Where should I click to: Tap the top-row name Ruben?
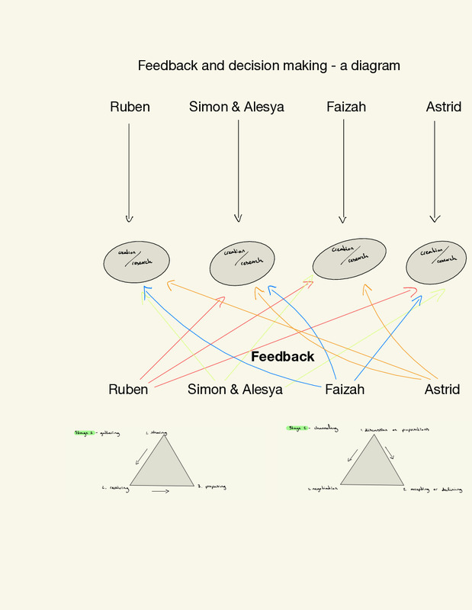tap(130, 107)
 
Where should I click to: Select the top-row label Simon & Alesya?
tap(236, 107)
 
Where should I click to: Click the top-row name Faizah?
tap(346, 107)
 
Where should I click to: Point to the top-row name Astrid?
tap(443, 107)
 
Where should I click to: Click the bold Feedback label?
tap(282, 357)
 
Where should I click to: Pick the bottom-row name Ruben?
tap(128, 390)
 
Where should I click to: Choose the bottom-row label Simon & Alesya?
tap(235, 390)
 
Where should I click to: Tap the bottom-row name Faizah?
tap(345, 390)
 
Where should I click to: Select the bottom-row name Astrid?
tap(442, 390)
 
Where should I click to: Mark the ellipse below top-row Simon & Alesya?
tap(242, 261)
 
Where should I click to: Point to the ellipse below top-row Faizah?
tap(349, 255)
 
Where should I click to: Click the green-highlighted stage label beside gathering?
tap(83, 432)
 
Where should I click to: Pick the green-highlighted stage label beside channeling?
tap(296, 429)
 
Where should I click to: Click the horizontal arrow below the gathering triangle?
tap(160, 492)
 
